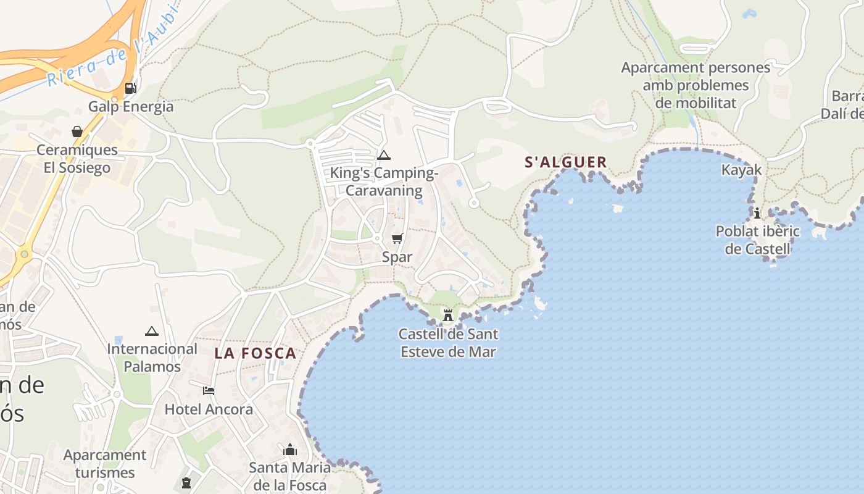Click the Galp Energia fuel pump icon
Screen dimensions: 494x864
tap(130, 88)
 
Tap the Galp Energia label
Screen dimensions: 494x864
tap(131, 106)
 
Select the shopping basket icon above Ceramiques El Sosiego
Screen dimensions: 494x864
tap(77, 132)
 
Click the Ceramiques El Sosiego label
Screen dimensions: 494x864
tap(77, 159)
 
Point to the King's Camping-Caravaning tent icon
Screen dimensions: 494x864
tap(384, 155)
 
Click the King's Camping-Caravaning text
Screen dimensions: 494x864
tap(384, 182)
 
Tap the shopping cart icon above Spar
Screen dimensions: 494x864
tap(397, 238)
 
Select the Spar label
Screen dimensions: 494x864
tap(397, 257)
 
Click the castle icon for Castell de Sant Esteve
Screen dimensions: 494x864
tap(448, 316)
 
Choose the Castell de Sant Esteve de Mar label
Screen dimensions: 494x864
tap(448, 343)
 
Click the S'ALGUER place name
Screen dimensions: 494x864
tap(566, 162)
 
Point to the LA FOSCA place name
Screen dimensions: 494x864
tap(255, 354)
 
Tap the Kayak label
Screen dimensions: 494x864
tap(742, 170)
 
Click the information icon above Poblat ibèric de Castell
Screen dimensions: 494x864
tap(757, 213)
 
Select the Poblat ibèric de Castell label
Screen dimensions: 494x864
tap(757, 240)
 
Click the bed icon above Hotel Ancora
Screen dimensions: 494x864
tap(209, 391)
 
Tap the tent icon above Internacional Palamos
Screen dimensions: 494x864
tap(152, 331)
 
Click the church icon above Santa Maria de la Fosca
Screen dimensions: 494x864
tap(290, 450)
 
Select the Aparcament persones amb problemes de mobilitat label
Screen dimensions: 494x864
tap(696, 85)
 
